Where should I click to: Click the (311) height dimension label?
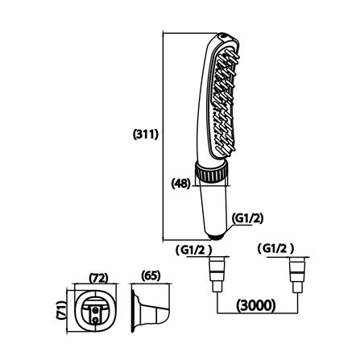[146, 134]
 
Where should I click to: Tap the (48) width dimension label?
[181, 184]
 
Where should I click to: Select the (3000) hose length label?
[256, 305]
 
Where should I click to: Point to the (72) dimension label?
[98, 278]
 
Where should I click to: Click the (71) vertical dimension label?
[61, 310]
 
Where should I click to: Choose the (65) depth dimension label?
[151, 275]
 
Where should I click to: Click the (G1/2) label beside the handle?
[247, 218]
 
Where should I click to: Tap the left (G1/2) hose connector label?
[193, 250]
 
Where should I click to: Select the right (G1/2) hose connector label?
[275, 249]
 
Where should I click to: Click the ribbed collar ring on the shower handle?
[211, 172]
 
